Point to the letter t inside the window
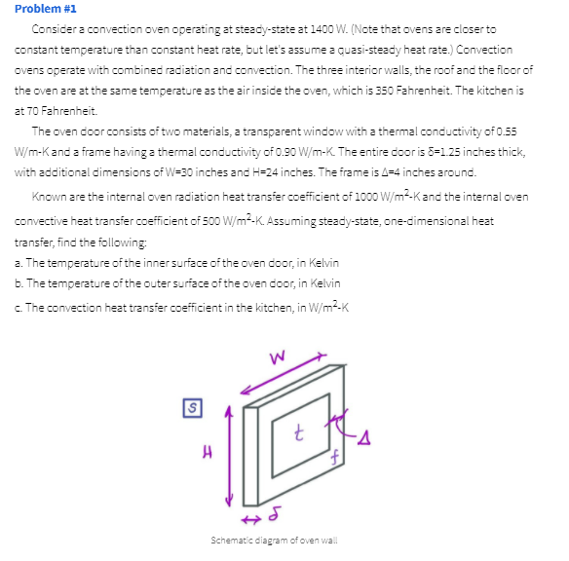303,430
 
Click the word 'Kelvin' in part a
322,265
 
